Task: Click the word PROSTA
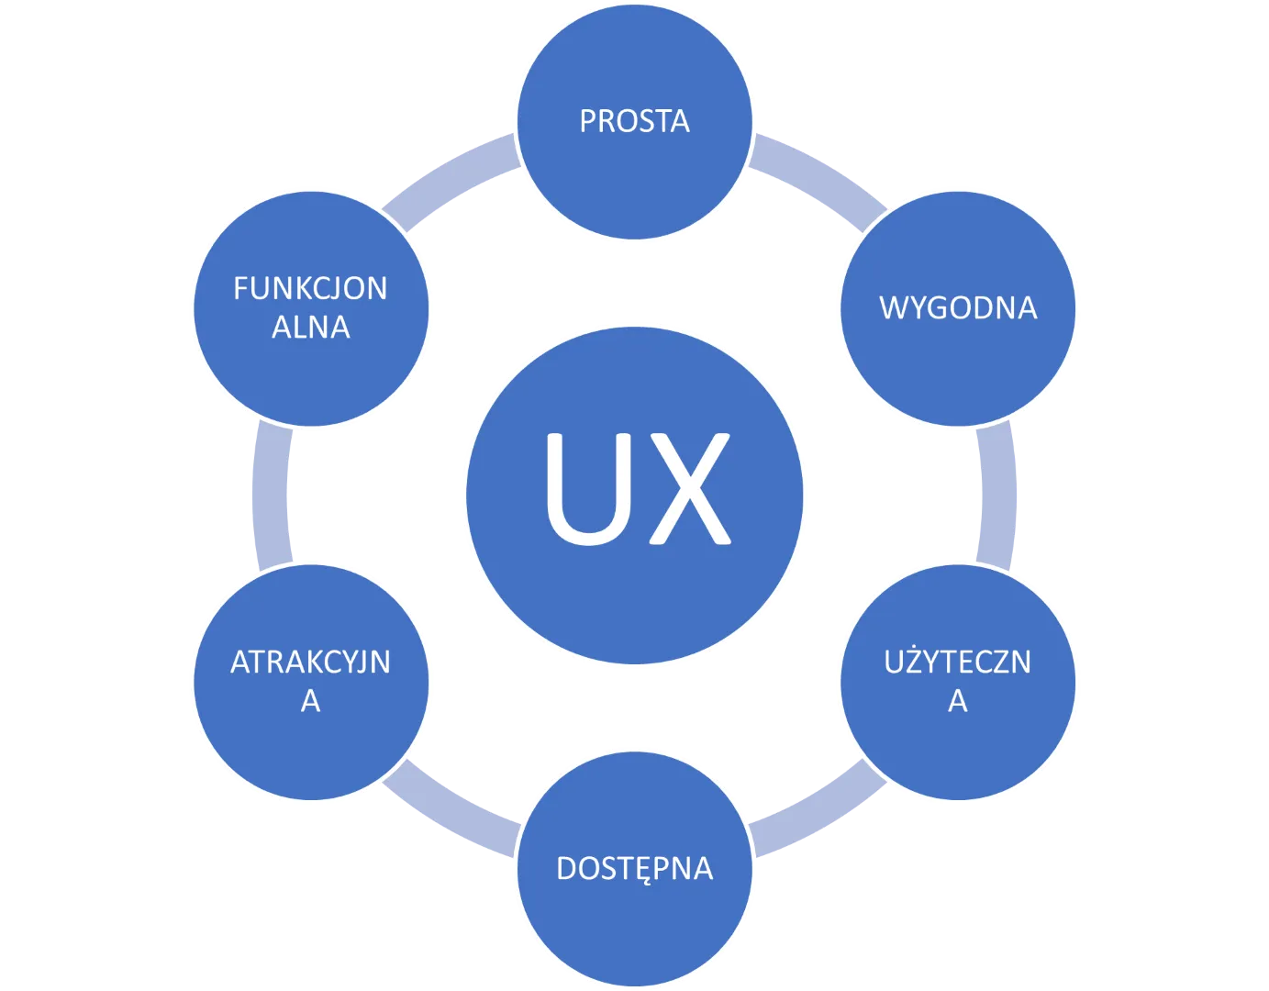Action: (634, 121)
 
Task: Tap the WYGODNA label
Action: (958, 307)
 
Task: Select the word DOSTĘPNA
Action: (634, 868)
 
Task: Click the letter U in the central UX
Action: (584, 489)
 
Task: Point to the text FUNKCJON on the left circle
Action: (310, 289)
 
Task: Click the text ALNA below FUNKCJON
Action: (310, 328)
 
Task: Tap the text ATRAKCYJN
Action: (310, 663)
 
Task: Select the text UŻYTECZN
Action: (958, 663)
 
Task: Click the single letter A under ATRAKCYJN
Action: (310, 701)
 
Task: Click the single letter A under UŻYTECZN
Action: (958, 701)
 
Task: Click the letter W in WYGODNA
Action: (893, 307)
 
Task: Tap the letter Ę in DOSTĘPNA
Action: (639, 870)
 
